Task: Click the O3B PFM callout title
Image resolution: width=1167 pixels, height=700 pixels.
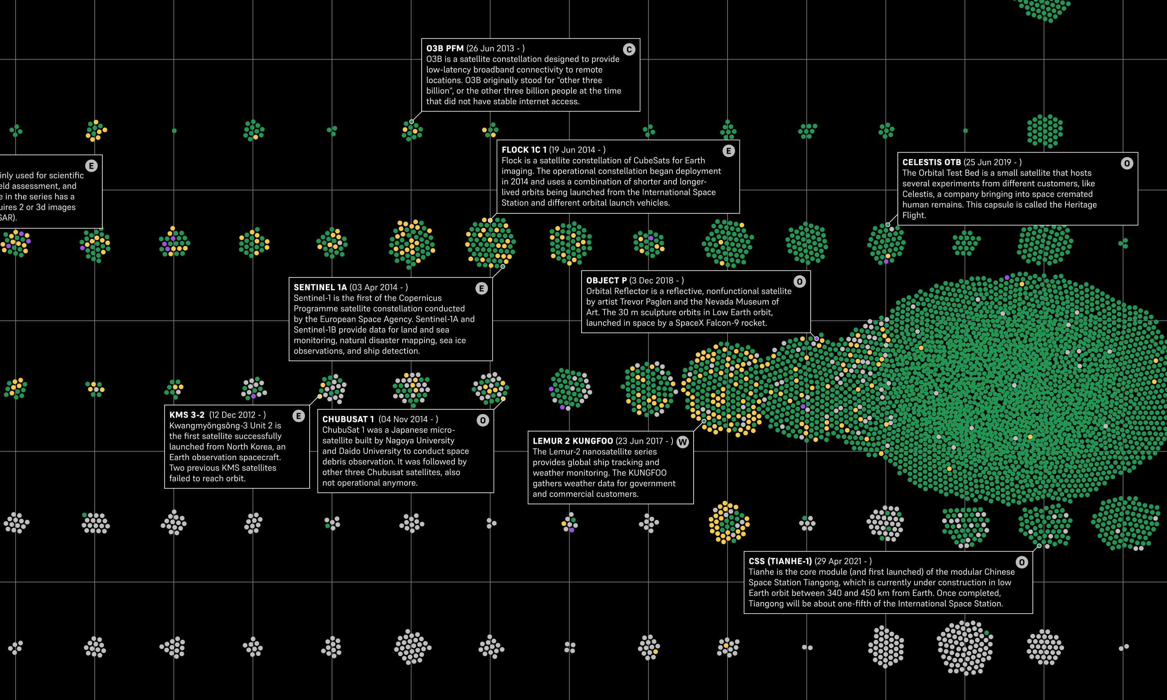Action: [x=444, y=48]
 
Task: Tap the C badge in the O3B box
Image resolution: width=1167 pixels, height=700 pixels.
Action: [x=629, y=49]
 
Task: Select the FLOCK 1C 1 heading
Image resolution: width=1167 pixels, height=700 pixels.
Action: [x=524, y=150]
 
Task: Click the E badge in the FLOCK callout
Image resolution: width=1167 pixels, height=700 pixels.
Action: [x=728, y=151]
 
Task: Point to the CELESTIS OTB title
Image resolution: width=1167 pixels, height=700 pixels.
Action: [x=931, y=162]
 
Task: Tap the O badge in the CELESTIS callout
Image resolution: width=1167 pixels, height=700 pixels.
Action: [x=1127, y=164]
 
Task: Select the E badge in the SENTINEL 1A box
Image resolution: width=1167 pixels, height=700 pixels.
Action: [x=481, y=289]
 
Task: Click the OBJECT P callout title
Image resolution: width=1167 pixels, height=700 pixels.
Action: [x=606, y=280]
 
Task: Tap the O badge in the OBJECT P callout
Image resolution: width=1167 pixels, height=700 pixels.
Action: [x=799, y=282]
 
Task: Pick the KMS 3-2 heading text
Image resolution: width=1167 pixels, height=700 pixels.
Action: [x=187, y=415]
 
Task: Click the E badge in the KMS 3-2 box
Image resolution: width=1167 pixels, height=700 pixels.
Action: [x=298, y=416]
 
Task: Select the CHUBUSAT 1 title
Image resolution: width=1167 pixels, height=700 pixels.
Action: [x=348, y=419]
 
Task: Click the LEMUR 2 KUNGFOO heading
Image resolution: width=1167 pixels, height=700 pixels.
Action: [x=573, y=441]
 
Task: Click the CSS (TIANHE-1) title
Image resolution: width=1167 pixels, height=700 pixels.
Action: [x=780, y=561]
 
